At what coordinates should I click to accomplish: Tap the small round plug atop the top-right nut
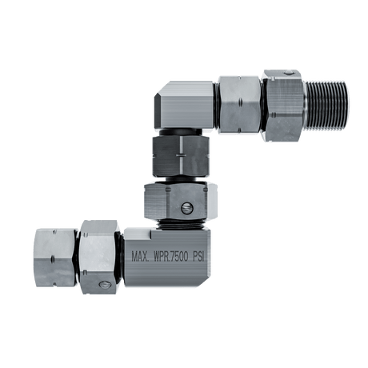(288, 72)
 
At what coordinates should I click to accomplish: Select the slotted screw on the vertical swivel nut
(187, 208)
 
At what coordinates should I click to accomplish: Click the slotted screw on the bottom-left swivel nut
(104, 285)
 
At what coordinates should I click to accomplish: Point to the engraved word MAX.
(140, 257)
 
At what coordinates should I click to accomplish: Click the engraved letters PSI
(198, 257)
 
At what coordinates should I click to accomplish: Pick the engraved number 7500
(179, 257)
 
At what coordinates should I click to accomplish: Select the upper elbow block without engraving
(185, 105)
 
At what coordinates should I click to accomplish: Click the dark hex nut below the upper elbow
(180, 155)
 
